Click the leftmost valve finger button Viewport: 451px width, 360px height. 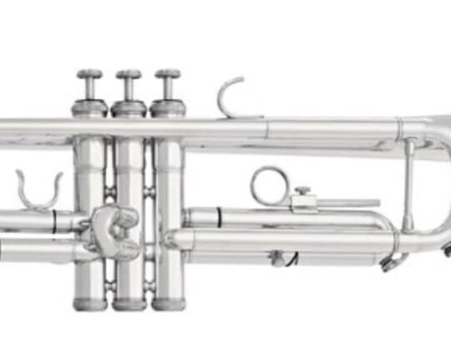89,74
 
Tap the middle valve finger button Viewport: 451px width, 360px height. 128,74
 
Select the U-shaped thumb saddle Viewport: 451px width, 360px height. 39,190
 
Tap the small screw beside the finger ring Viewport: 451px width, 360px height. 302,193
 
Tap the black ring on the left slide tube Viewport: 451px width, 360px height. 54,221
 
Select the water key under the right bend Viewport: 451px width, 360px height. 389,263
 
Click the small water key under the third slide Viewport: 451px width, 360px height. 279,258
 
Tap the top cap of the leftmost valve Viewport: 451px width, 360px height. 89,108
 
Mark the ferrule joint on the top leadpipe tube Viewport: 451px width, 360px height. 267,128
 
